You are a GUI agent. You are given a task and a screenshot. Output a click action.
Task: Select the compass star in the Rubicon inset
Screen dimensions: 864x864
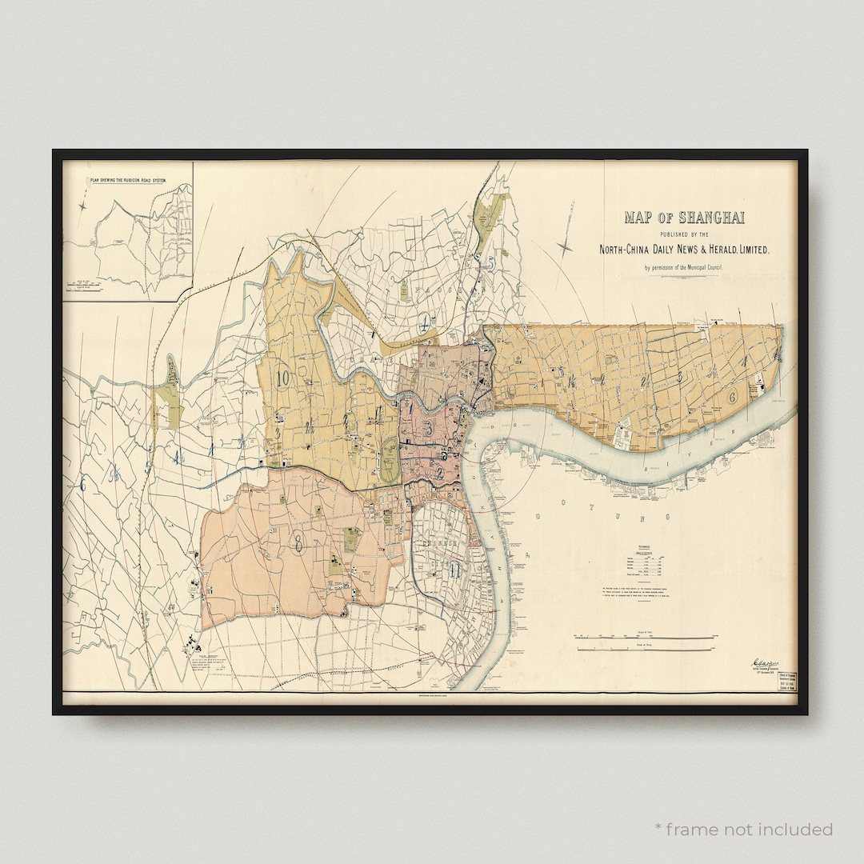(83, 206)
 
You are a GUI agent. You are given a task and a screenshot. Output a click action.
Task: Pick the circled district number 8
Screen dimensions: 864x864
(298, 546)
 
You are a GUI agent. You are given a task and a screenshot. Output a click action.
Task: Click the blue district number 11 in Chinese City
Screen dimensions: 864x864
(454, 570)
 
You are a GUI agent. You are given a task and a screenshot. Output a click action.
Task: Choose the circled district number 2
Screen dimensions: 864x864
(439, 473)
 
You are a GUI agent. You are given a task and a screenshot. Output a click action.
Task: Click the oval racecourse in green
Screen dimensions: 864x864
(390, 458)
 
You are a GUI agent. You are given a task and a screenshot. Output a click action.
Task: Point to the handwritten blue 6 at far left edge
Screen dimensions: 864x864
(81, 482)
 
